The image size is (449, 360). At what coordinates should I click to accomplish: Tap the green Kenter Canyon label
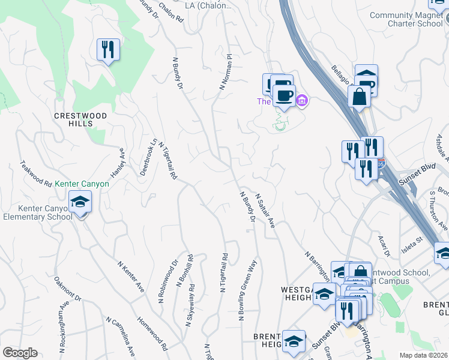(x=82, y=184)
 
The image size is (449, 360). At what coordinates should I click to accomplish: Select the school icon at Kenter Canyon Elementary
(x=80, y=203)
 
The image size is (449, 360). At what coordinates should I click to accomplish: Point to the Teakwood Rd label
(x=36, y=174)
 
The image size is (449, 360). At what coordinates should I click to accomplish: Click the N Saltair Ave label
(x=265, y=210)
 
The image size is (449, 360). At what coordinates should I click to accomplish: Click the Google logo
(x=20, y=353)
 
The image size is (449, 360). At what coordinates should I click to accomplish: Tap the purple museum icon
(x=302, y=100)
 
